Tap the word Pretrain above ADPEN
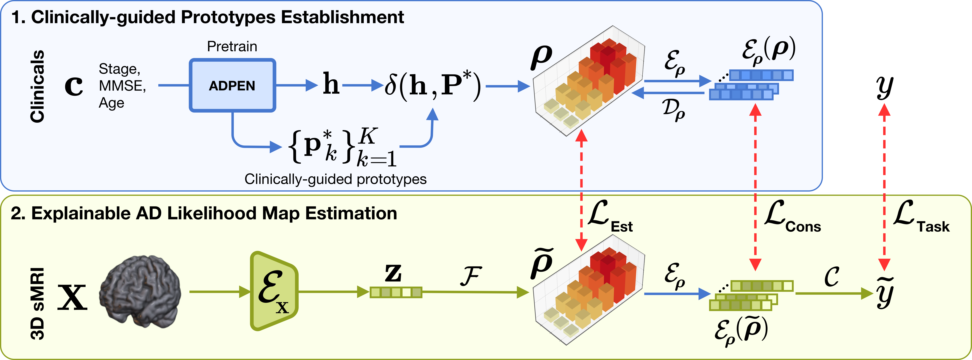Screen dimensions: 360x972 (x=232, y=46)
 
